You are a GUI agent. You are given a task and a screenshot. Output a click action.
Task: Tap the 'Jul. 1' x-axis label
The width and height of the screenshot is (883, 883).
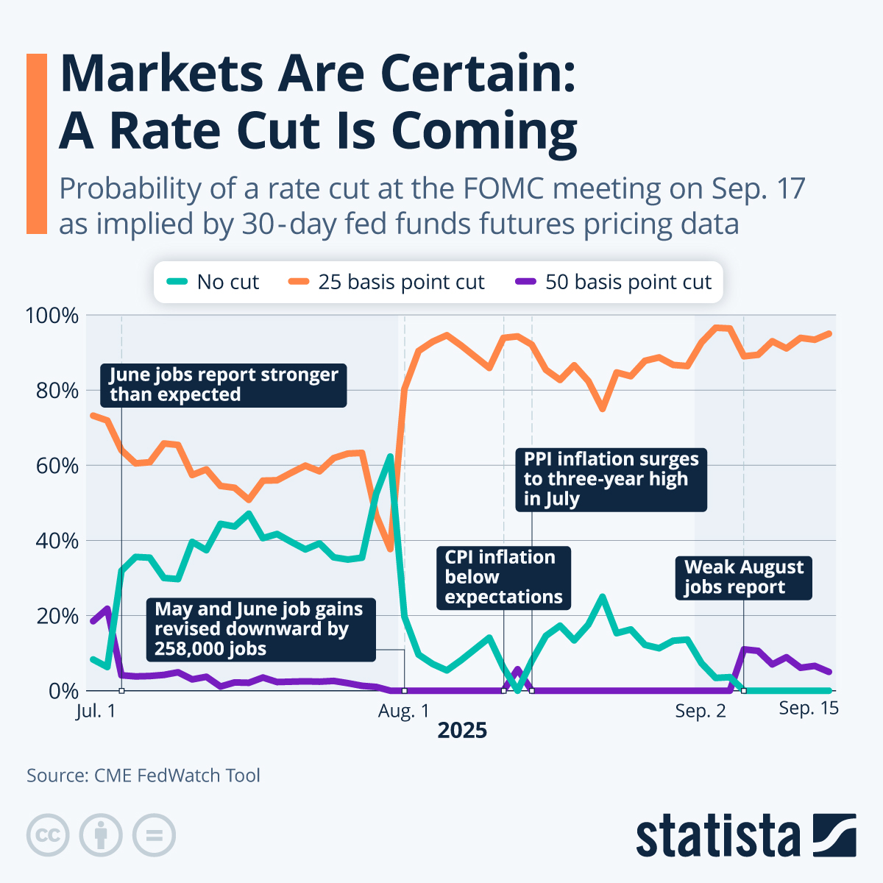coord(96,711)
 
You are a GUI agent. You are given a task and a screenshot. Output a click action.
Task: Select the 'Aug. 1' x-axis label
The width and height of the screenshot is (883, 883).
coord(403,711)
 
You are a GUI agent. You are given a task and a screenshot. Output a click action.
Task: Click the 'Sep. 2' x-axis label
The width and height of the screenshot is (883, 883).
coord(700,711)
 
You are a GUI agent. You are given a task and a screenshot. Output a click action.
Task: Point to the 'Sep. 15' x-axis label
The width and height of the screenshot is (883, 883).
coord(809,708)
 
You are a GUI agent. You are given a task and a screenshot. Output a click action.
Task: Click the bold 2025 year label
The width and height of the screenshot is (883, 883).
coord(462,731)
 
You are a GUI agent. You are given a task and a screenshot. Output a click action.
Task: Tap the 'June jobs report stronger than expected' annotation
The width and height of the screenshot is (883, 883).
coord(224,385)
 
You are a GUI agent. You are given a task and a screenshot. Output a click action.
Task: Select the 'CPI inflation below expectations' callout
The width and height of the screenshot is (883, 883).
coord(504,578)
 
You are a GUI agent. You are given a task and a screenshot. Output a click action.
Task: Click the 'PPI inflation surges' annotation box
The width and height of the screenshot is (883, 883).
coord(611,479)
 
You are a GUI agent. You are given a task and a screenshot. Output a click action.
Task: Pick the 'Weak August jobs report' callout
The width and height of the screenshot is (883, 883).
coord(744,578)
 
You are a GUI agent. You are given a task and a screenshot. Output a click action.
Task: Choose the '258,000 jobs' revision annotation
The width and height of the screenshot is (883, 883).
coord(258,629)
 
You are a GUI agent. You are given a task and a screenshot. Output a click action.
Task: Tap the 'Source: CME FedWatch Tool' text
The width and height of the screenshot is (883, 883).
coord(143,776)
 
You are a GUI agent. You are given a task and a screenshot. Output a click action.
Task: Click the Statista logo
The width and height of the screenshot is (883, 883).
coord(745,836)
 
